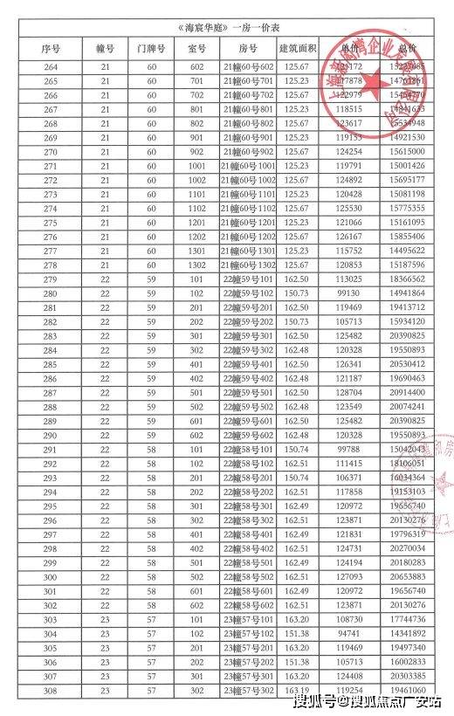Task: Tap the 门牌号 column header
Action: [x=151, y=45]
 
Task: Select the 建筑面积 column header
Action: [x=299, y=45]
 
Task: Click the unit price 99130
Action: [x=349, y=293]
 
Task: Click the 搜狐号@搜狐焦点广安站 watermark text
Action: [x=367, y=702]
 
